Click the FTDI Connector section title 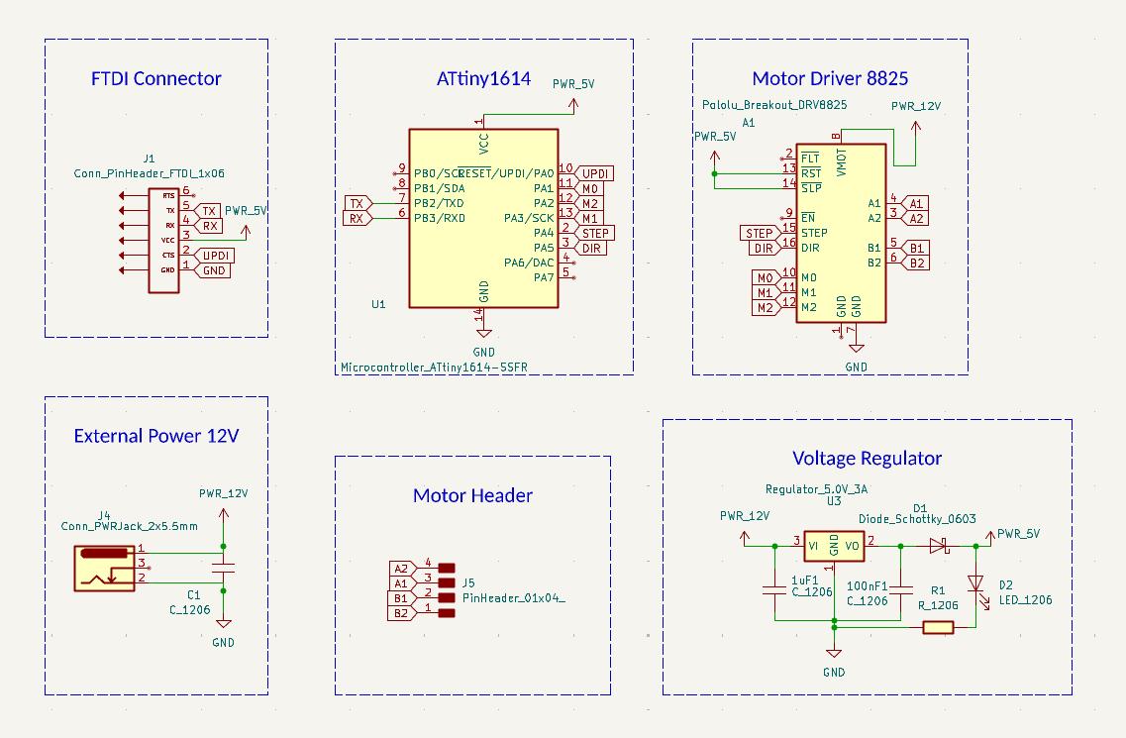[156, 78]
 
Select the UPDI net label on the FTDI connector [215, 256]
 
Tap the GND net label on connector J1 [214, 270]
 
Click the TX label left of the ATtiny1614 [356, 203]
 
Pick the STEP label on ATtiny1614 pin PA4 [595, 233]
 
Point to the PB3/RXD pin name [440, 218]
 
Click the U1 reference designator [378, 304]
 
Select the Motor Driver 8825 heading [830, 78]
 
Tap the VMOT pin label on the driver [841, 163]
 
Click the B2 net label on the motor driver [917, 263]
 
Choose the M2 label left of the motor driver [765, 308]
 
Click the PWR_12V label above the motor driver [916, 106]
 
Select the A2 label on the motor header [401, 569]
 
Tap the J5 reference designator [469, 582]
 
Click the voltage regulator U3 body [834, 545]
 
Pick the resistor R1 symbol [937, 626]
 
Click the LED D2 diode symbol [976, 583]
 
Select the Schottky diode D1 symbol [938, 545]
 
